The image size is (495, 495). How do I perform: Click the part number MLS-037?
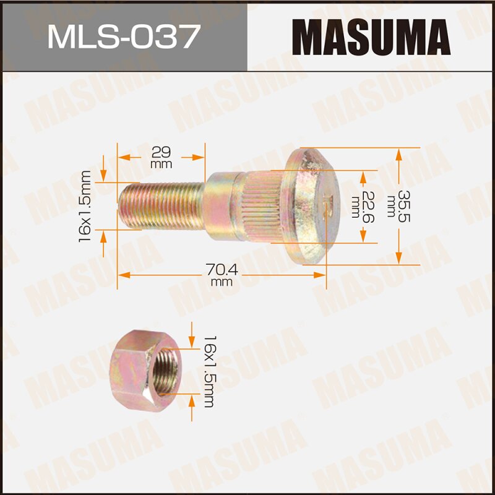click(x=123, y=36)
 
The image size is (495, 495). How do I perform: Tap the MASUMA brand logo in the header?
click(x=371, y=36)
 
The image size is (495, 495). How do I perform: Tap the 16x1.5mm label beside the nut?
click(x=208, y=371)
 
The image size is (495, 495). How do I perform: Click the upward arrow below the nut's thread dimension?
click(x=192, y=405)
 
